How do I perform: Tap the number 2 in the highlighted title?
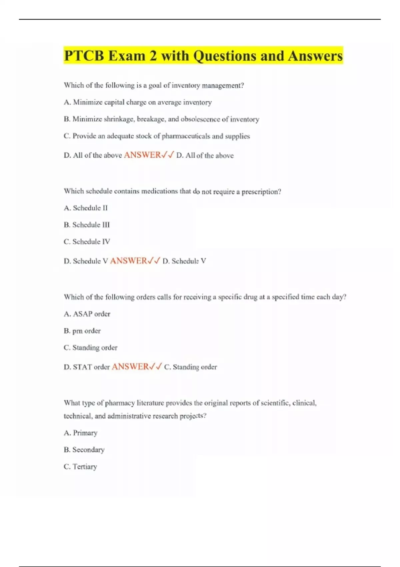(153, 56)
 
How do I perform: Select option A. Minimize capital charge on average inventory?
(138, 102)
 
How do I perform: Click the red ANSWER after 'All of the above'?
(143, 155)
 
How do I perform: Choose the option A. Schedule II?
(86, 208)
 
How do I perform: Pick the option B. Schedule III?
(87, 225)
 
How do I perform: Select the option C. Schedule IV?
(87, 241)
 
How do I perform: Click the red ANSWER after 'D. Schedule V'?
(129, 261)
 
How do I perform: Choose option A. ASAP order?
(87, 314)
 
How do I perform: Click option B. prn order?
(82, 331)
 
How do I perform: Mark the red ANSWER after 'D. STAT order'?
(130, 367)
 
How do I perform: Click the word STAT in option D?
(82, 367)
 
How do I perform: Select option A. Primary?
(81, 433)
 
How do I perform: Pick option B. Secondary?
(84, 450)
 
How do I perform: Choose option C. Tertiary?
(80, 467)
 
